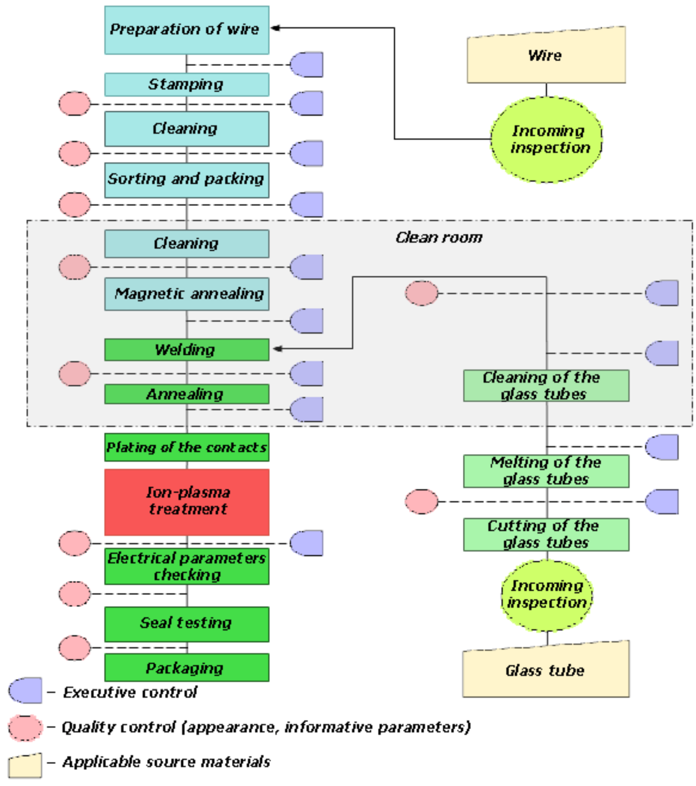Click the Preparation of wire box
coord(187,30)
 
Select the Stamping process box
coord(187,85)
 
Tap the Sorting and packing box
coord(187,180)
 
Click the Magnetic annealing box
coord(187,294)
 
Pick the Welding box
coord(187,350)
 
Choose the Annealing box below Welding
coord(187,394)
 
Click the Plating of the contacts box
coord(187,447)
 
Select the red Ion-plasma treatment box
coord(187,502)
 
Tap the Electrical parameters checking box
coord(187,566)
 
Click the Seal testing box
coord(187,624)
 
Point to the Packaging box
coord(187,668)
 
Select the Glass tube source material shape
coord(546,670)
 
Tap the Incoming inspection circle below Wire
coord(546,139)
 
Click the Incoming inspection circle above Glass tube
coord(547,595)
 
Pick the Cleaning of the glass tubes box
coord(546,386)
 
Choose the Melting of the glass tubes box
coord(546,471)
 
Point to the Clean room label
coord(439,238)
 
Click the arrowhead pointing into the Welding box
coord(277,349)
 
